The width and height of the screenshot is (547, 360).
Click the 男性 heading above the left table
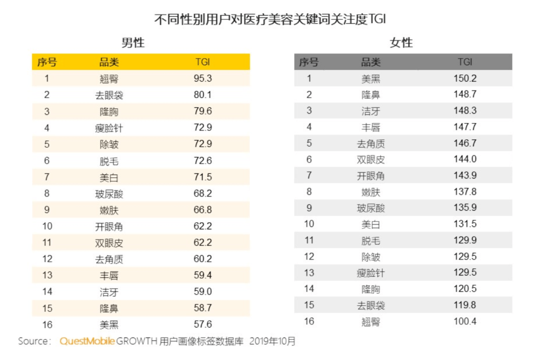pyautogui.click(x=133, y=43)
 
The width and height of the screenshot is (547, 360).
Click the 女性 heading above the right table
pyautogui.click(x=401, y=43)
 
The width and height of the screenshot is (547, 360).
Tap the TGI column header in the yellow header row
pyautogui.click(x=203, y=62)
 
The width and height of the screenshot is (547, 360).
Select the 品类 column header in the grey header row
pyautogui.click(x=370, y=62)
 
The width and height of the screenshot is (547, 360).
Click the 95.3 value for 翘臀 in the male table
pyautogui.click(x=203, y=78)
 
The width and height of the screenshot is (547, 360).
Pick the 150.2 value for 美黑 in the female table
pyautogui.click(x=465, y=78)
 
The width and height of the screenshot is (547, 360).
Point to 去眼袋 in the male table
pyautogui.click(x=109, y=95)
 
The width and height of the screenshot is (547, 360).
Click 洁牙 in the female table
pyautogui.click(x=370, y=111)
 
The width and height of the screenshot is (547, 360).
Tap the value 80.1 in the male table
pyautogui.click(x=203, y=95)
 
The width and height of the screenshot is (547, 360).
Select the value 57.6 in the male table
pyautogui.click(x=203, y=324)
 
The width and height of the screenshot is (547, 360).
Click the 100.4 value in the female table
pyautogui.click(x=465, y=322)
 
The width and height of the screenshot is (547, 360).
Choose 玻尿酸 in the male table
pyautogui.click(x=109, y=194)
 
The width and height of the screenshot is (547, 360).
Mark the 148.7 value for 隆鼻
pyautogui.click(x=465, y=95)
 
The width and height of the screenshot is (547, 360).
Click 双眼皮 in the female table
pyautogui.click(x=370, y=159)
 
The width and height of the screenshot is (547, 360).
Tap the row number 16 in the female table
pyautogui.click(x=309, y=322)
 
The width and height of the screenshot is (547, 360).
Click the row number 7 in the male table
pyautogui.click(x=47, y=177)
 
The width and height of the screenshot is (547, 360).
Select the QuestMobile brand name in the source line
pyautogui.click(x=87, y=341)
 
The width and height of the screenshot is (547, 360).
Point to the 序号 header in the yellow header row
pyautogui.click(x=47, y=62)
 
